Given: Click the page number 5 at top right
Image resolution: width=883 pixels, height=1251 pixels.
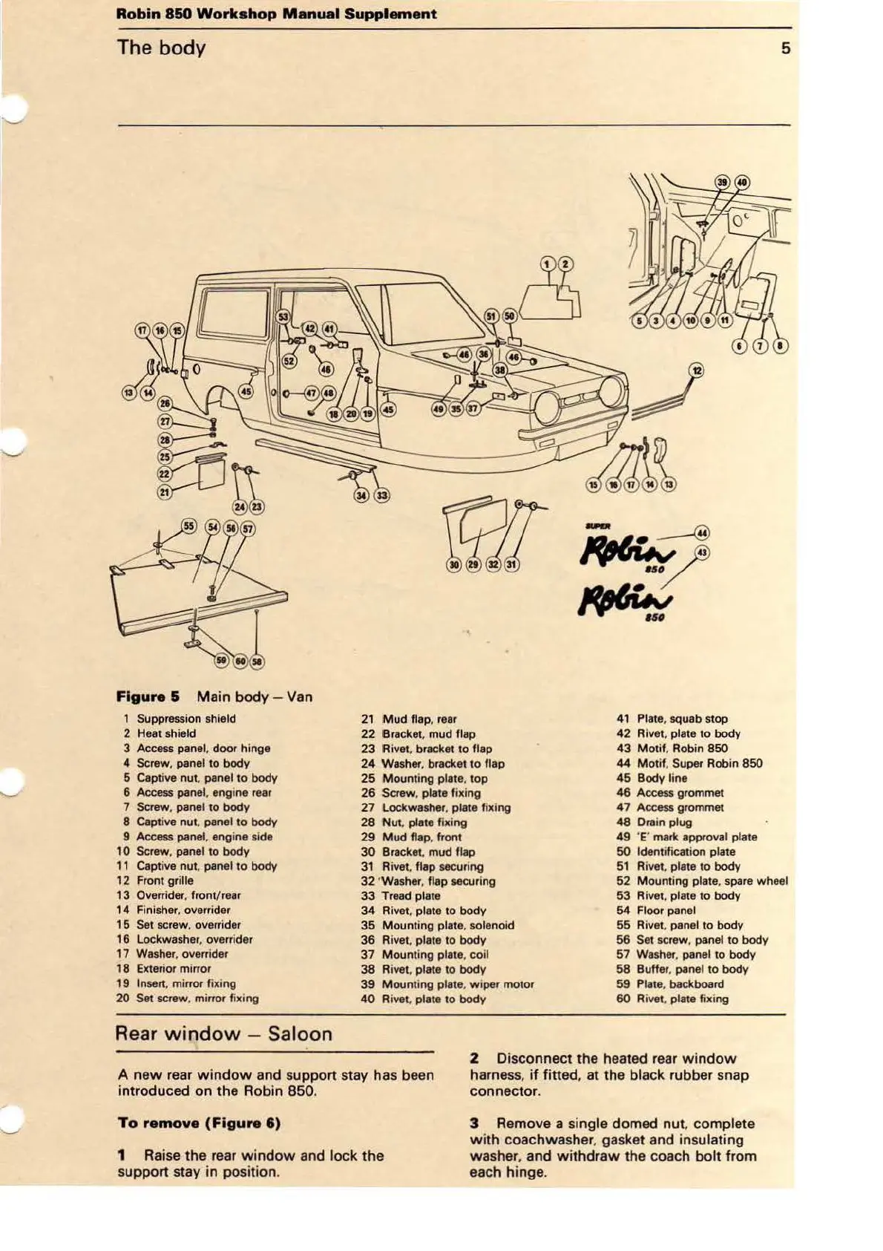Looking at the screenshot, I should pos(785,49).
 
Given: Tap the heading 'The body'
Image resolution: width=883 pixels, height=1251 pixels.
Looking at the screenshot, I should pos(161,48).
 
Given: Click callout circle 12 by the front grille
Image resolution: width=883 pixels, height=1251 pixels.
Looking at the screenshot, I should pos(696,370).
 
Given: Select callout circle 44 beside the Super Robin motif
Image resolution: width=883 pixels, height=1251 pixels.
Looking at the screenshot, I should pos(701,532).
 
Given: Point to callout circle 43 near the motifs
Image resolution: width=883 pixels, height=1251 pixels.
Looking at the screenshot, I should pos(701,552).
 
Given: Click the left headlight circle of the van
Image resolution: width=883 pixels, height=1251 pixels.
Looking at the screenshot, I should pos(550,406).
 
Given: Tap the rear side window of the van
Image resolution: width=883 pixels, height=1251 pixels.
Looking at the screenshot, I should pos(233,313).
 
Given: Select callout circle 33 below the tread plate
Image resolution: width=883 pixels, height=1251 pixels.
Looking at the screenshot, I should pos(381,495).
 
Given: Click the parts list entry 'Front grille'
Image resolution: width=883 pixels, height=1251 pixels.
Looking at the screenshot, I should pos(165,881).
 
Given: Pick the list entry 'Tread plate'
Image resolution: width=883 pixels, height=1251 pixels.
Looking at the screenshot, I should pos(410,896).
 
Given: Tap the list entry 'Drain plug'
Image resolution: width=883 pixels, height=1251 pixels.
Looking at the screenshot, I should pos(664,822).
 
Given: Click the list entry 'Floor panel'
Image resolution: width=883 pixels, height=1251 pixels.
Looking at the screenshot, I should pos(666,910).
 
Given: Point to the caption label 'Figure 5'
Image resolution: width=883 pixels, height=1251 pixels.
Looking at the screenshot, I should pos(148,696).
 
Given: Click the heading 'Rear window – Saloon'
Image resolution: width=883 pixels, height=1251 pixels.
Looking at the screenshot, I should pos(223,1033).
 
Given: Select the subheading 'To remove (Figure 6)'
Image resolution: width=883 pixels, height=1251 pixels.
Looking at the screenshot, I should pos(199,1123).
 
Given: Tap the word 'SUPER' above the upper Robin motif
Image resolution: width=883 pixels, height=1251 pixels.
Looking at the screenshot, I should pos(596,526).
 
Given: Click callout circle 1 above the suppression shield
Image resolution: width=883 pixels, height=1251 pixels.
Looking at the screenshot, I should pos(548,264).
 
